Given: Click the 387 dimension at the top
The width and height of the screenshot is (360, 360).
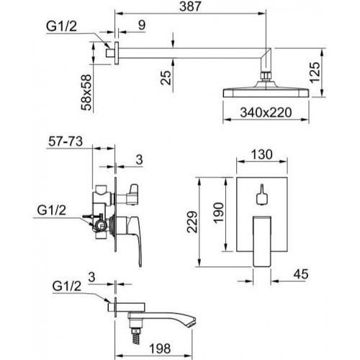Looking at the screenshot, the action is [x=190, y=6].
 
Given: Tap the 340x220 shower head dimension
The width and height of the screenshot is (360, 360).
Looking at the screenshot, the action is [x=266, y=112].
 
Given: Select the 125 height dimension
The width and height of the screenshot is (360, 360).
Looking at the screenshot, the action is [x=315, y=73].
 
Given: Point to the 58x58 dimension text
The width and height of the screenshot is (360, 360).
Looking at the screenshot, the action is [x=86, y=92].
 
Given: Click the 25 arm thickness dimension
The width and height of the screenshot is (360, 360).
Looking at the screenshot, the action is [x=166, y=78].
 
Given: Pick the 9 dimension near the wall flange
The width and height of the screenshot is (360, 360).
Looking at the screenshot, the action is [x=142, y=25].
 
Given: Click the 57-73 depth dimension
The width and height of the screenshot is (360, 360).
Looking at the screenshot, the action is [x=66, y=141].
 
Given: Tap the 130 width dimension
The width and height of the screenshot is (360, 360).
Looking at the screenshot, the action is [x=262, y=154].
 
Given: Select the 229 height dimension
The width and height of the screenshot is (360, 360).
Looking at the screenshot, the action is [x=192, y=222].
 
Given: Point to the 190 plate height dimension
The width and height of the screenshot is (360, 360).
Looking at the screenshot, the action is [x=218, y=213].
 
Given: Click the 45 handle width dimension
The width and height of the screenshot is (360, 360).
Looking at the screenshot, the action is [x=301, y=274].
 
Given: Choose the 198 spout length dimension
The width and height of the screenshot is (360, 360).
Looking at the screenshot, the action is [x=160, y=348].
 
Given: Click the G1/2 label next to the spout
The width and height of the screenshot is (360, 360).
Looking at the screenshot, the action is [x=67, y=287].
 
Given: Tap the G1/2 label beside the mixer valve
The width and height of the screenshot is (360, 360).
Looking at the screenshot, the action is [x=52, y=210].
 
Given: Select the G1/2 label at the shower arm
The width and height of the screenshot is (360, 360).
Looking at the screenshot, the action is [x=61, y=27].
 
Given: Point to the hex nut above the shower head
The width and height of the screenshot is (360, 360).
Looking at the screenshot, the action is [x=266, y=76].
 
